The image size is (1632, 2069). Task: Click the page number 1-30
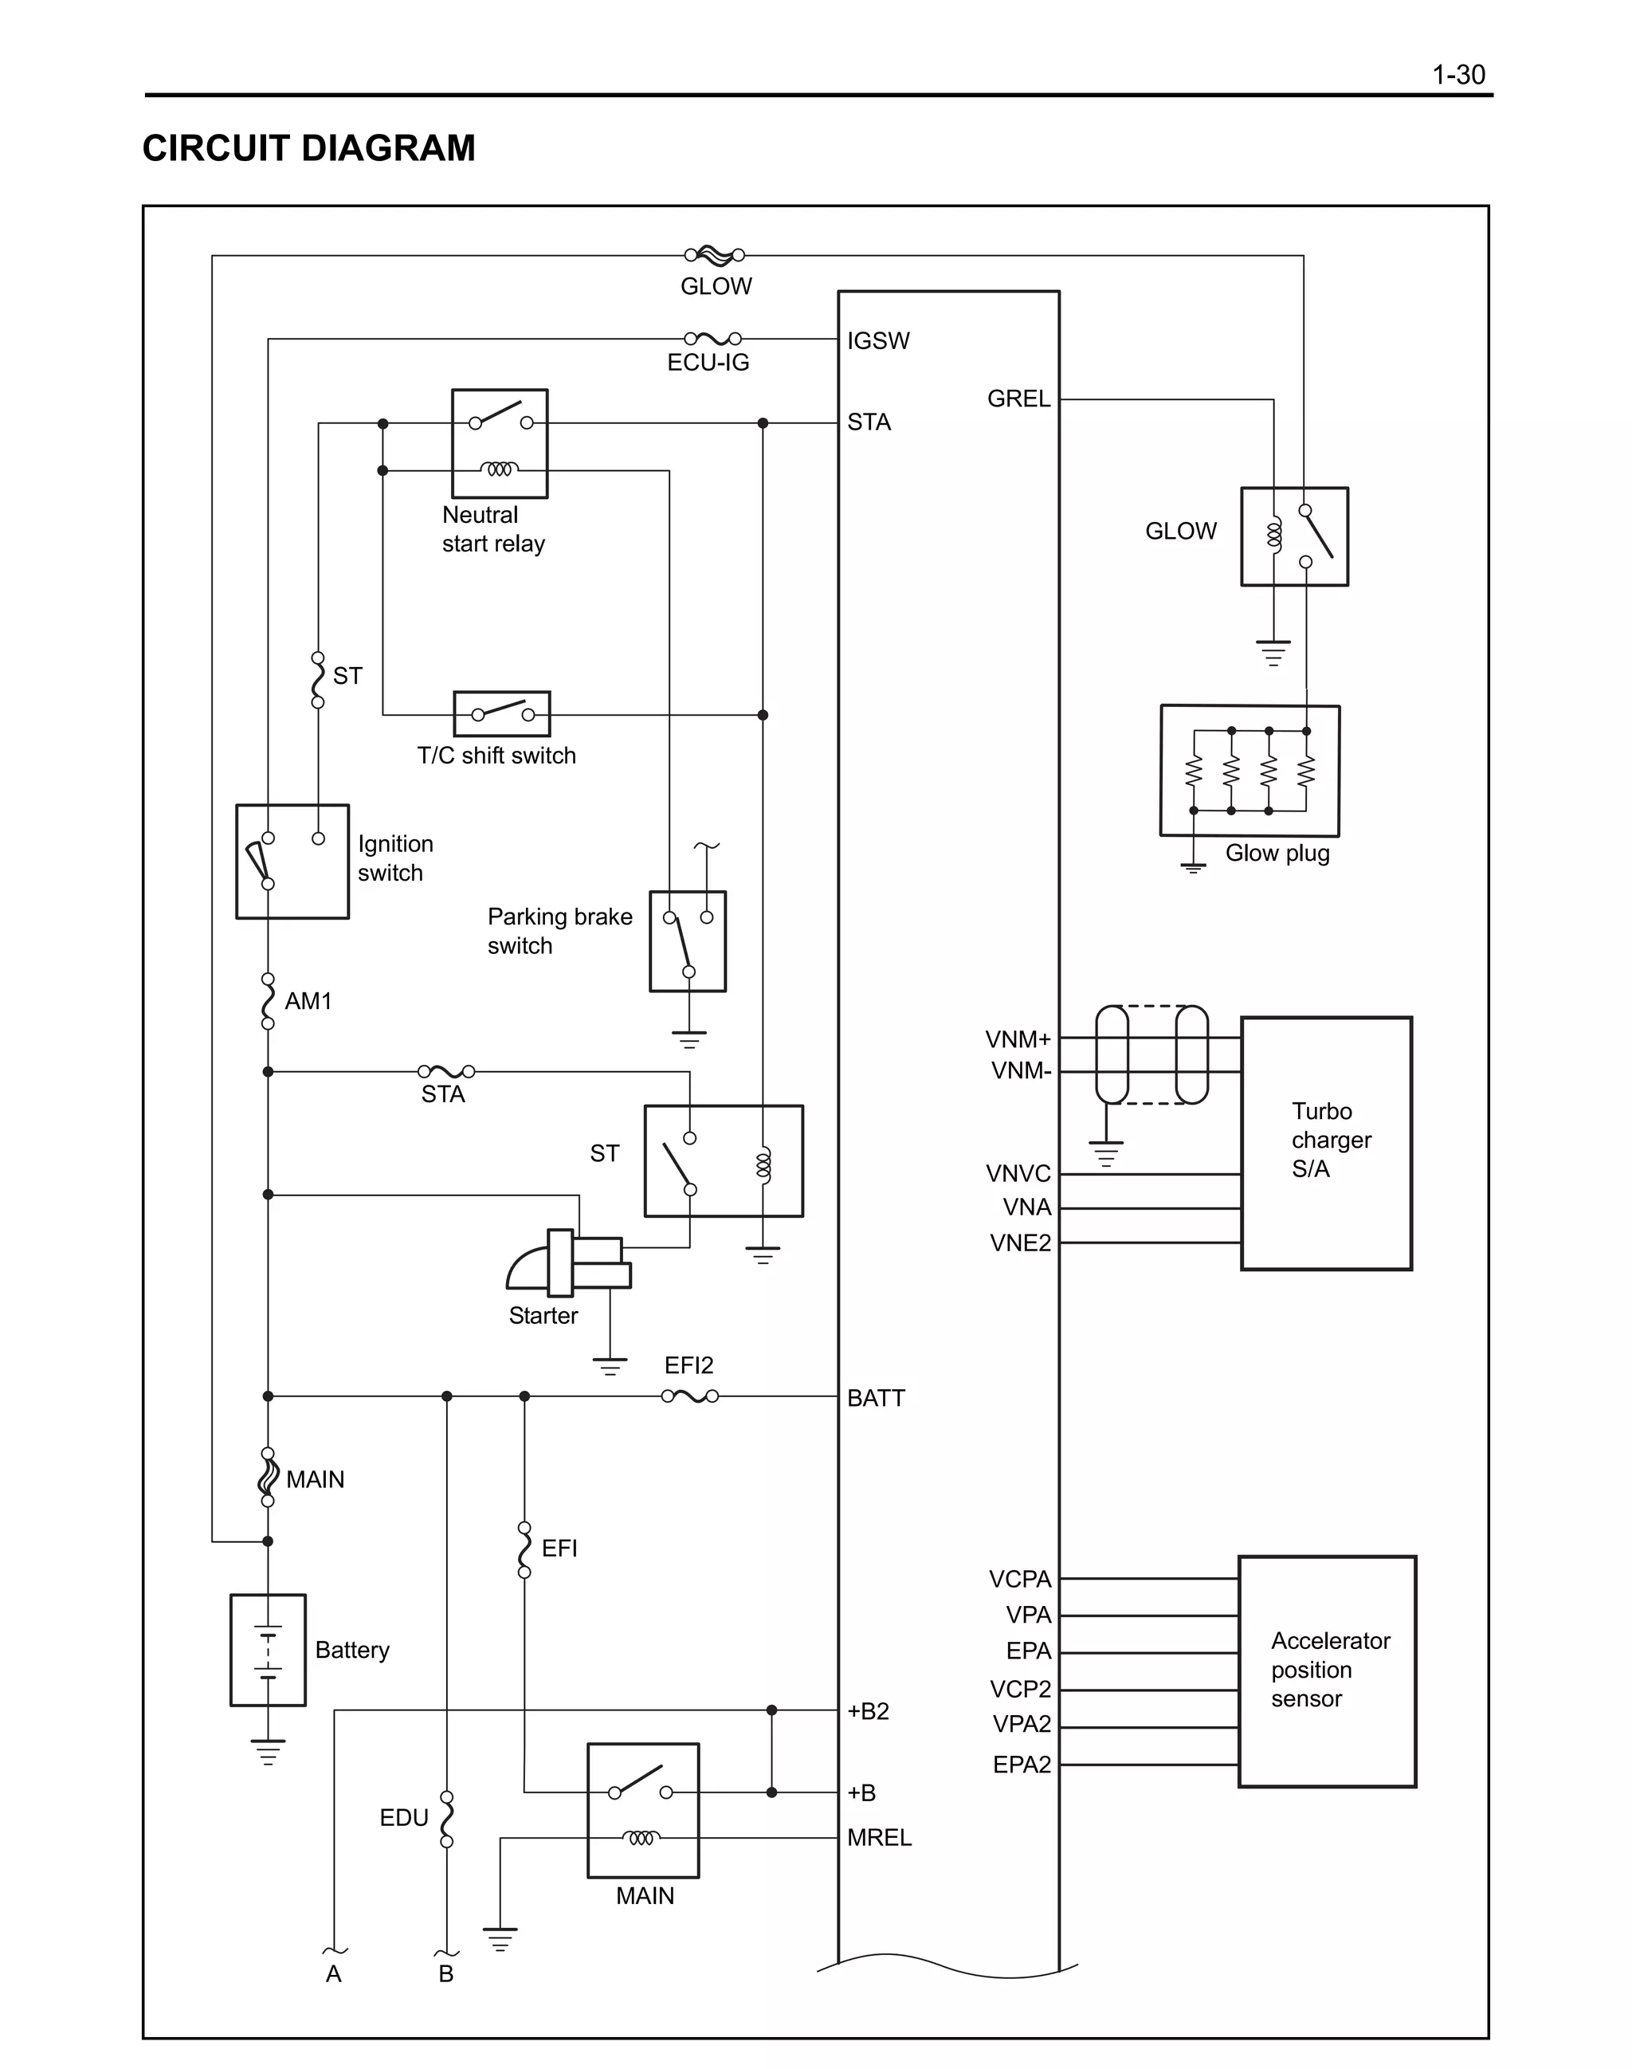[x=1457, y=75]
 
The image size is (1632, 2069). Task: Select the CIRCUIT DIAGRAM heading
[x=308, y=148]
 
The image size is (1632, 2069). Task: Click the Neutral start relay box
[x=499, y=443]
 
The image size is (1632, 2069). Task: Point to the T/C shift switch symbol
[x=502, y=714]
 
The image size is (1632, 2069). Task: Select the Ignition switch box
[x=292, y=861]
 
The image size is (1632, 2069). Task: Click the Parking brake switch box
[x=687, y=941]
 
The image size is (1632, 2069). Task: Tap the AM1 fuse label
[x=308, y=1000]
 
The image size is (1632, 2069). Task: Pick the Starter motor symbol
[x=568, y=1263]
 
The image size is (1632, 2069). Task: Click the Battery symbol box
[x=268, y=1650]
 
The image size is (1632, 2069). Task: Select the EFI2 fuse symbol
[x=690, y=1396]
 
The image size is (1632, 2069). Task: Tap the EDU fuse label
[x=403, y=1816]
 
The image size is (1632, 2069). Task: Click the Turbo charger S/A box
[x=1325, y=1143]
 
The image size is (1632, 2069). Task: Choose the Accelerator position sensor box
[x=1326, y=1671]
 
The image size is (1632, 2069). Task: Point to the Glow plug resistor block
[x=1249, y=770]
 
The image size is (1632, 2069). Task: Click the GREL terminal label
[x=1018, y=398]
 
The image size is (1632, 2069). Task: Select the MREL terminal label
[x=879, y=1837]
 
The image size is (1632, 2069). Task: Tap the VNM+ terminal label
[x=1018, y=1038]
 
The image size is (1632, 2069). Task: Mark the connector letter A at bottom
[x=333, y=1973]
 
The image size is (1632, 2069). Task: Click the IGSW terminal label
[x=877, y=340]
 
